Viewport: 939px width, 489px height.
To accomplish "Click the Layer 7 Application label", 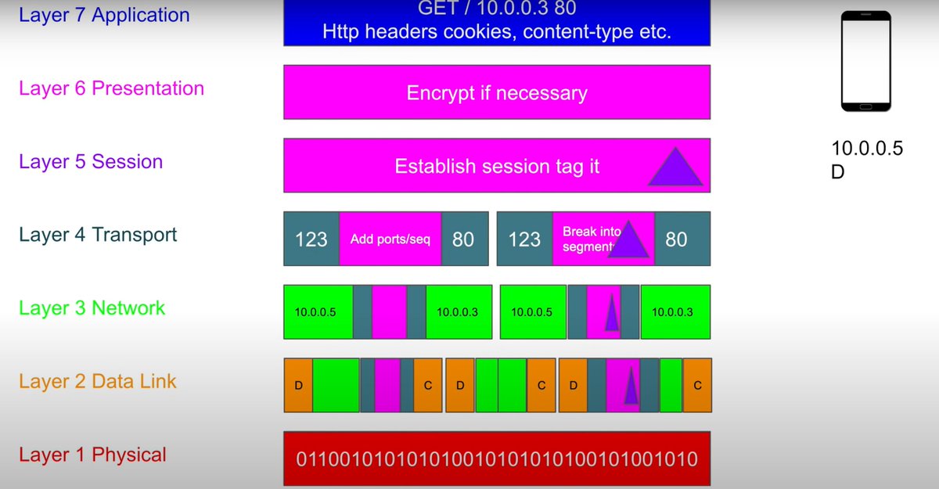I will (x=104, y=15).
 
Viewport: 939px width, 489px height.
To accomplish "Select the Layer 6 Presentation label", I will (x=111, y=88).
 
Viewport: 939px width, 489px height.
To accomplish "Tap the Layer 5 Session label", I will (x=91, y=162).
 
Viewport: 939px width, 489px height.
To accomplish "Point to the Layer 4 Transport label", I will (x=98, y=235).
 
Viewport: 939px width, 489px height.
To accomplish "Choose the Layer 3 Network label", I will (x=92, y=308).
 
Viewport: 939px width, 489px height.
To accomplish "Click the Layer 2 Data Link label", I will (x=98, y=382).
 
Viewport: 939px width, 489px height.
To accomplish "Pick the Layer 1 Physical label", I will (x=92, y=455).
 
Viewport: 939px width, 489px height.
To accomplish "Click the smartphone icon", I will (x=866, y=61).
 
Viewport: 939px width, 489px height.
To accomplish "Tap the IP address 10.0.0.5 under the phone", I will (x=867, y=149).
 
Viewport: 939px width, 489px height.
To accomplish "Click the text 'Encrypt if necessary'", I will (x=497, y=94).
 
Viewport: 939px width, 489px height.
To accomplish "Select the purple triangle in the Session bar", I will (x=676, y=168).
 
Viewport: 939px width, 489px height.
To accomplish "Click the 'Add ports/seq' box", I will (x=390, y=239).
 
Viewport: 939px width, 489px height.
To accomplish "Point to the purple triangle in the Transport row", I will (x=628, y=241).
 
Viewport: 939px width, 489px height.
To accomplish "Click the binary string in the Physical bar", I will (x=497, y=458).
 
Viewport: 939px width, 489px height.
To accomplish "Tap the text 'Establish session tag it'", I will (x=497, y=167).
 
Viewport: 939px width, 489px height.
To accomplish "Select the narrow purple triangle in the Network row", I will (x=611, y=314).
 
